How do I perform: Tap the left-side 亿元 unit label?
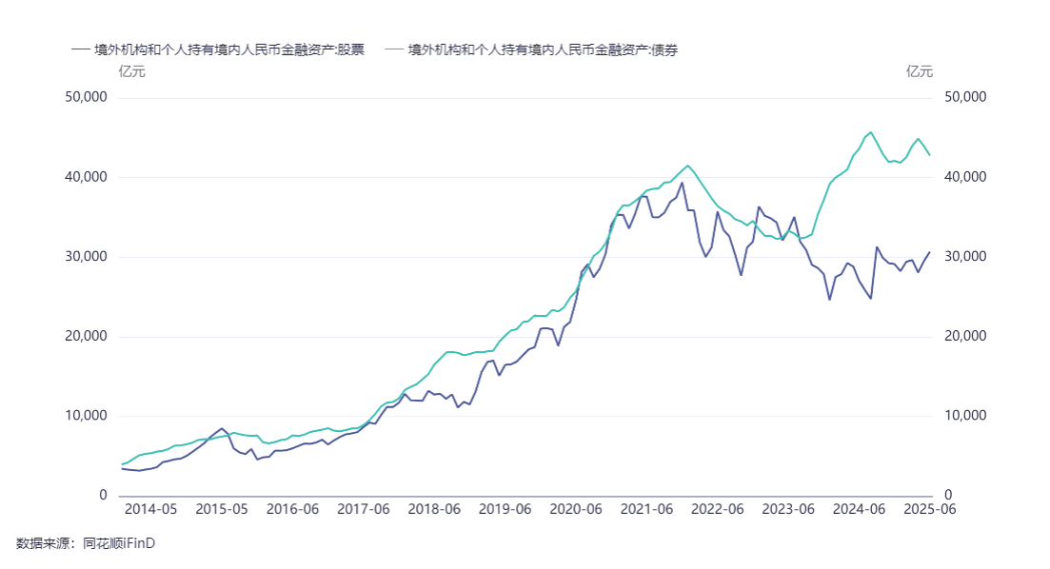pyautogui.click(x=131, y=71)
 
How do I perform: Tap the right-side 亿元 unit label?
pyautogui.click(x=920, y=71)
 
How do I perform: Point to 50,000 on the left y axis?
pyautogui.click(x=87, y=97)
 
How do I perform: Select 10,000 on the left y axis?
pyautogui.click(x=87, y=416)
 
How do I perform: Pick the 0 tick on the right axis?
pyautogui.click(x=947, y=496)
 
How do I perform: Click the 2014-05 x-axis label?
pyautogui.click(x=150, y=510)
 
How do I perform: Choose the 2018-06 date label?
pyautogui.click(x=434, y=510)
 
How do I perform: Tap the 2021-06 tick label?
pyautogui.click(x=647, y=510)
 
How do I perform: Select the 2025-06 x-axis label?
pyautogui.click(x=929, y=510)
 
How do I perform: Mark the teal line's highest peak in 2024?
pyautogui.click(x=871, y=132)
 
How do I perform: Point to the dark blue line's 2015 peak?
pyautogui.click(x=222, y=428)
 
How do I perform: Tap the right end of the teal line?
pyautogui.click(x=930, y=155)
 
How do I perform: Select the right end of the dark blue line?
pyautogui.click(x=930, y=252)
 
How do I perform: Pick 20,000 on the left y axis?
pyautogui.click(x=87, y=337)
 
